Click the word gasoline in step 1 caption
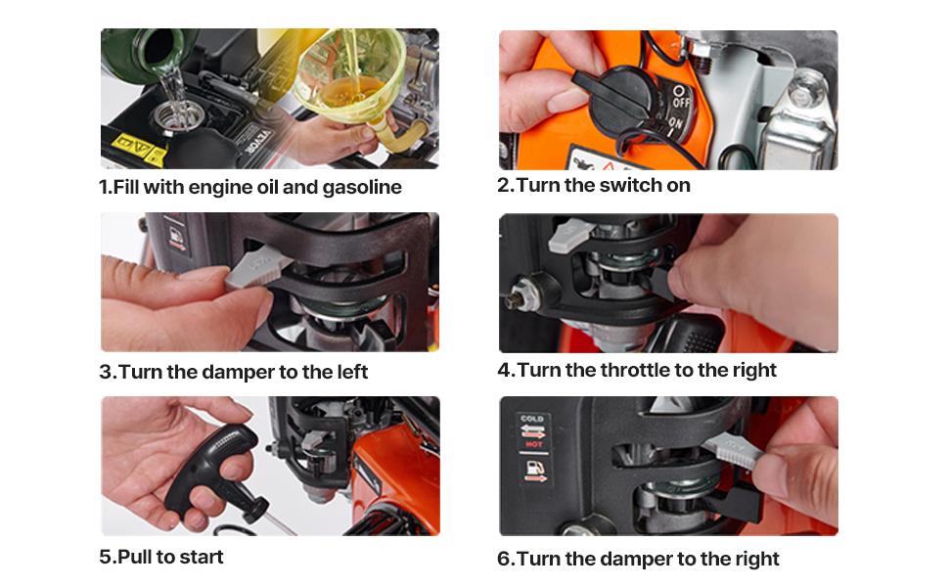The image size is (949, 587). pos(362,188)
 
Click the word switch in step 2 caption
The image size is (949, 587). pos(631,185)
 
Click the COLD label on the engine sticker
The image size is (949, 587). pos(532,418)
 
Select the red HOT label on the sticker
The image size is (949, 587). pos(533,444)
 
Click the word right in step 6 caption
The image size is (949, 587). pos(757,560)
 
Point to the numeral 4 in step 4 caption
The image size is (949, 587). pos(504,370)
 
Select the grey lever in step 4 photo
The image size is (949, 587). pos(570,235)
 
